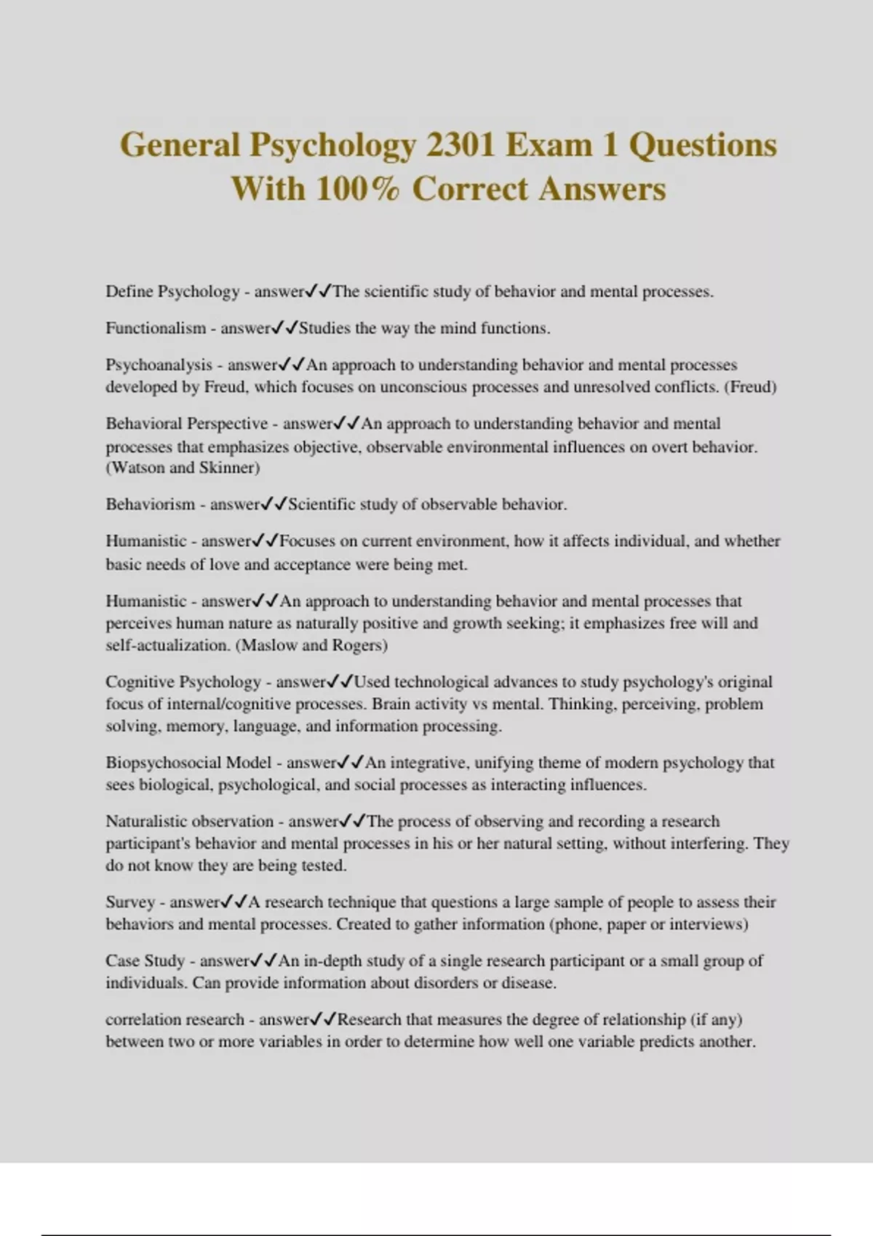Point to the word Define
tap(129, 292)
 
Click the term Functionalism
tap(156, 328)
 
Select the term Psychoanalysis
tap(159, 365)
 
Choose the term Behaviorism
tap(149, 505)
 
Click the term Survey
tap(130, 902)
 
